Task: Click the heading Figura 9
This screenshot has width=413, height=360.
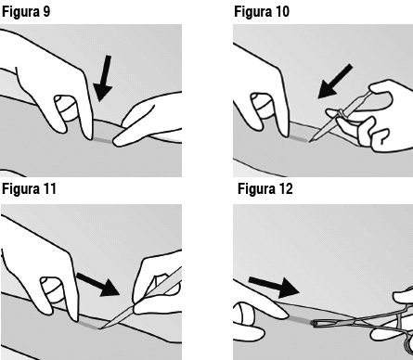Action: click(x=26, y=12)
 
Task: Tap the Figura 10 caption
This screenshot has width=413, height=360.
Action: click(x=262, y=12)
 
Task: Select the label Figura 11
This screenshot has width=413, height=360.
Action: click(x=29, y=188)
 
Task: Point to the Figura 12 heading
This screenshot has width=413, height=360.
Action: click(x=265, y=188)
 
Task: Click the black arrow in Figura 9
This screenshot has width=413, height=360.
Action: click(x=103, y=78)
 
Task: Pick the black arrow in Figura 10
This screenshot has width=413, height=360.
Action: click(x=335, y=82)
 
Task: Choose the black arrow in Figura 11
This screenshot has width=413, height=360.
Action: click(x=98, y=284)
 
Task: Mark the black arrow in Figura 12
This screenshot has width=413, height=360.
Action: click(x=274, y=287)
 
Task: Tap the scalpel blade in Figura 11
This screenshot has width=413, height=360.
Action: click(x=116, y=317)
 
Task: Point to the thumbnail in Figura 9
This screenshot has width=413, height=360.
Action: click(x=66, y=108)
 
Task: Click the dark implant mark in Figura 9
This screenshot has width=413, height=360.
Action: click(x=103, y=140)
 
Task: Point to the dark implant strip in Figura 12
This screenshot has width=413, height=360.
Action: click(x=300, y=320)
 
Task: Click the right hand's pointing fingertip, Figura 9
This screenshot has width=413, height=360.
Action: click(x=118, y=142)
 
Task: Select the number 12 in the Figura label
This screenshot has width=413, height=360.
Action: click(x=285, y=188)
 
